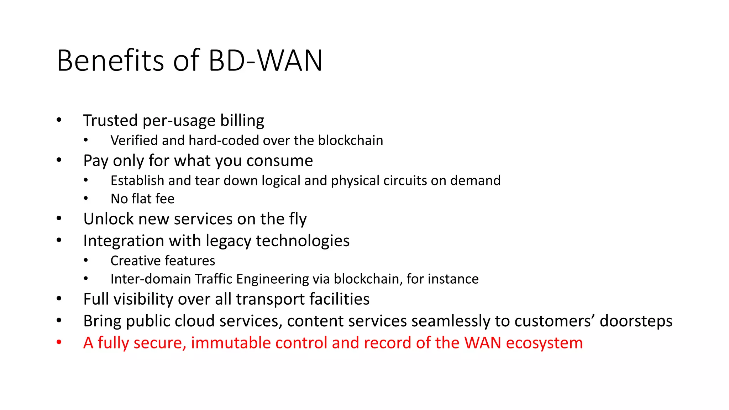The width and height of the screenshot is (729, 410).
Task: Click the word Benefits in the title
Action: pos(110,61)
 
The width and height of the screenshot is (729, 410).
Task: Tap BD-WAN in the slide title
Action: pos(265,61)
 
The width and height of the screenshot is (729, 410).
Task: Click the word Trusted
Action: pos(110,121)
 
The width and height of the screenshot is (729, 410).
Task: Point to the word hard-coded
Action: pos(224,141)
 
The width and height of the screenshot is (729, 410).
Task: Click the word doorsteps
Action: pos(636,321)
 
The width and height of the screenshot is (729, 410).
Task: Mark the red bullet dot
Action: pos(59,342)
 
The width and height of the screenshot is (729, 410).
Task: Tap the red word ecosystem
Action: pos(544,343)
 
